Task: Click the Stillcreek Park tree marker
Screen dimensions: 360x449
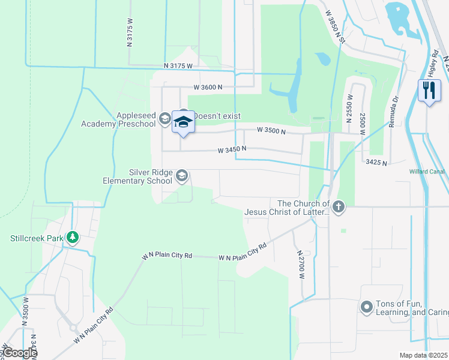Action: pos(72,238)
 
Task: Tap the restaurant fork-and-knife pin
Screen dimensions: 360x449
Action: pos(427,91)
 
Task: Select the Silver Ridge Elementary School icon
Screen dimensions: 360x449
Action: pos(182,176)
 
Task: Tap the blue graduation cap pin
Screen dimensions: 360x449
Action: pos(183,122)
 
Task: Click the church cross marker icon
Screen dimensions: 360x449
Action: pos(339,208)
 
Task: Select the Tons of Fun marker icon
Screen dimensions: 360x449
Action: pos(366,308)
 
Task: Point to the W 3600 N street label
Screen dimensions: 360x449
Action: pos(205,88)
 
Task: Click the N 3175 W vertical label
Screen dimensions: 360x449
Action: pos(130,35)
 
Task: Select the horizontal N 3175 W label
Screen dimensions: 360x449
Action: pos(178,66)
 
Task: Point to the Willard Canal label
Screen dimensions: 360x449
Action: pos(427,172)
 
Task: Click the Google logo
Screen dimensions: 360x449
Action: pos(19,353)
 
